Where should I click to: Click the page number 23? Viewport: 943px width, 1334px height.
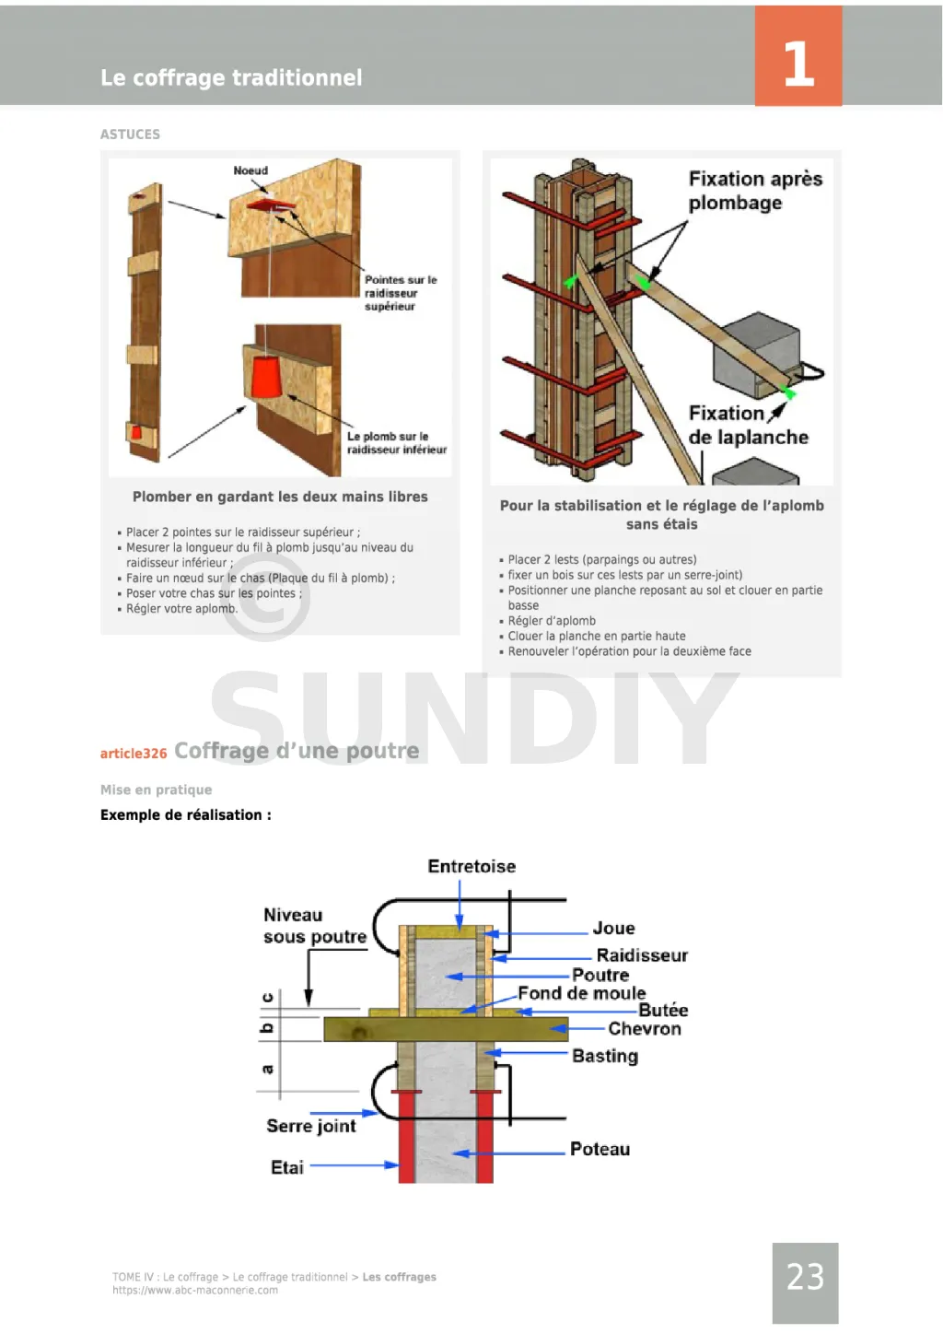coord(805,1277)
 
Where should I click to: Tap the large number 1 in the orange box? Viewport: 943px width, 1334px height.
coord(798,64)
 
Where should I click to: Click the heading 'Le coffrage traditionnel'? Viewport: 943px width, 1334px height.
coord(231,78)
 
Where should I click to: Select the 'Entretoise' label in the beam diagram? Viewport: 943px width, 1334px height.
coord(471,867)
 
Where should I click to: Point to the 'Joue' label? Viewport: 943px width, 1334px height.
coord(613,929)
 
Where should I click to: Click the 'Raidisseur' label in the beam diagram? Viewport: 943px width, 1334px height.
coord(642,955)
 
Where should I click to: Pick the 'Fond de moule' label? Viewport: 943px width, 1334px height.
coord(581,993)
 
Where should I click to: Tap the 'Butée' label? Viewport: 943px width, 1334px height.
coord(663,1010)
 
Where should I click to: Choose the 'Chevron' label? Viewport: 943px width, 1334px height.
coord(645,1029)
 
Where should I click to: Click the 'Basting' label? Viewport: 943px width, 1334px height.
coord(605,1056)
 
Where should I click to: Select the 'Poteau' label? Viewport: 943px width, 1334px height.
coord(600,1149)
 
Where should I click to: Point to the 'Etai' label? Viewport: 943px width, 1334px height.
coord(287,1167)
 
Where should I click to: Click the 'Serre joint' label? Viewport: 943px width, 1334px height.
coord(311,1126)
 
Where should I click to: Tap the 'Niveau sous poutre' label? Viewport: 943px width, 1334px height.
coord(314,926)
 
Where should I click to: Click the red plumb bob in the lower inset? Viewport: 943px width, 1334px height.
coord(267,378)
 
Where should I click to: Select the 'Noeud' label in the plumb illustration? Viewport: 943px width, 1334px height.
coord(250,171)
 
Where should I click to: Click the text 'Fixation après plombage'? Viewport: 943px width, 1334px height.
coord(755,191)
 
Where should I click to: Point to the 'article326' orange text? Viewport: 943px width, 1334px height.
coord(134,754)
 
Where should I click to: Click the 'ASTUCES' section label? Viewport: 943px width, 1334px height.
coord(130,135)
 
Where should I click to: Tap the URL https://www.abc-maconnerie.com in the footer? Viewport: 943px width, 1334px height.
coord(195,1291)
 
